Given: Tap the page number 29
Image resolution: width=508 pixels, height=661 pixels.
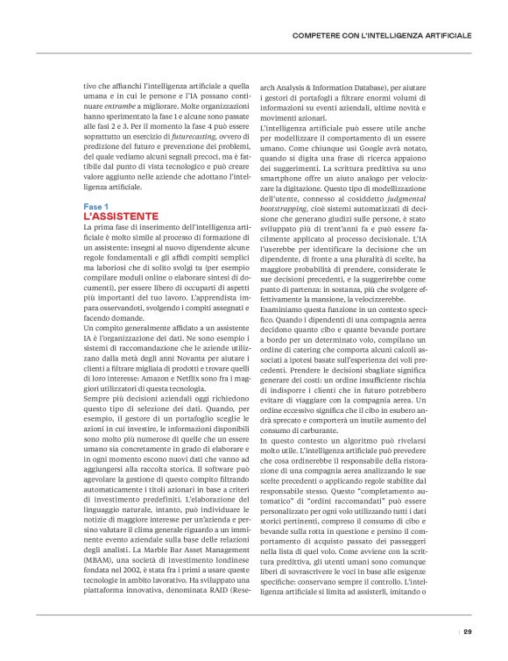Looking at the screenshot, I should [468, 630].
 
